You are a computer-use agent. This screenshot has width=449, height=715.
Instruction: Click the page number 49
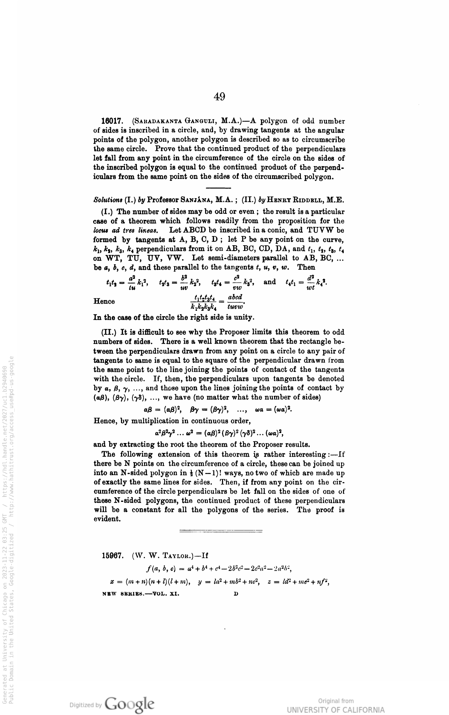click(x=220, y=97)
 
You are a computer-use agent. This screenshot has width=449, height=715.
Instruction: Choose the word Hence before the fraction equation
click(x=104, y=301)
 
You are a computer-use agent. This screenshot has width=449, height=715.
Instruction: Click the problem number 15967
click(x=113, y=555)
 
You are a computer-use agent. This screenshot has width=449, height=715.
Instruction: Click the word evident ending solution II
click(x=107, y=519)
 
